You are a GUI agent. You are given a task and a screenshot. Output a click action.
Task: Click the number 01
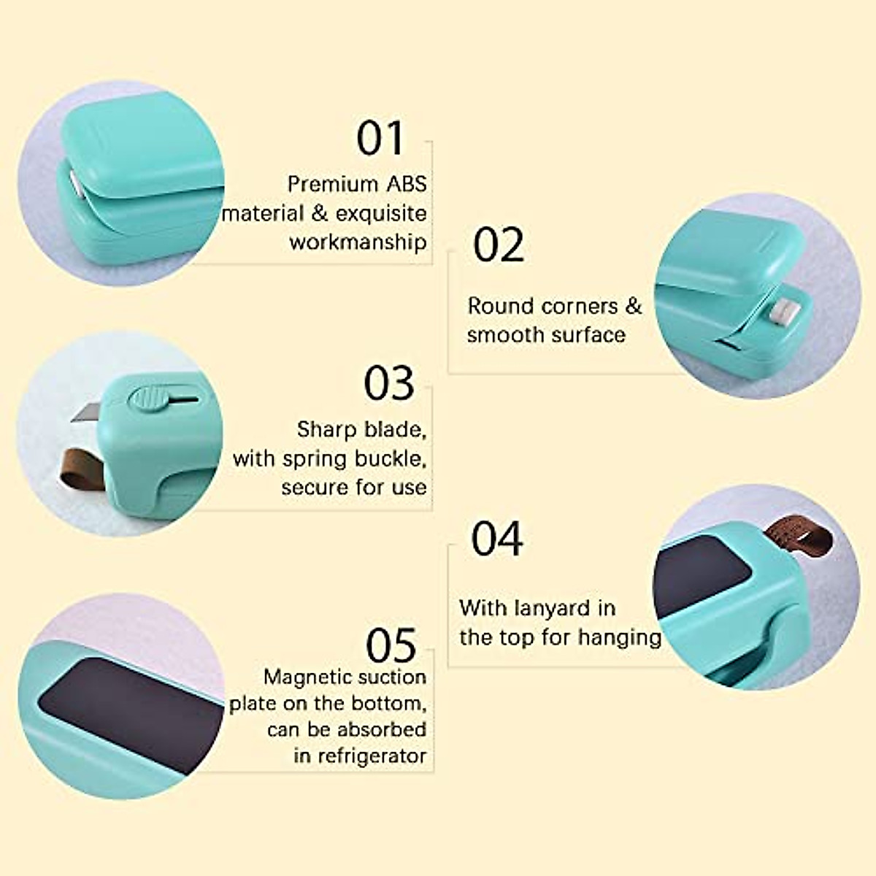(x=380, y=139)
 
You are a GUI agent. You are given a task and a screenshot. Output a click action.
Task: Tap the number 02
(x=499, y=245)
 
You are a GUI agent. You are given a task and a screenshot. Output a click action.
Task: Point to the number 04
(x=497, y=539)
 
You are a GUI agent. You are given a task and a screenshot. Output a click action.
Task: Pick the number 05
(x=391, y=645)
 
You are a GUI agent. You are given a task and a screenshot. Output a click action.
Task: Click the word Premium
(x=324, y=184)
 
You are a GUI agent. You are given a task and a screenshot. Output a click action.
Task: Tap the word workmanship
(x=358, y=242)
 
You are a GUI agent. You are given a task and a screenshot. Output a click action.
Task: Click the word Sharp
(x=327, y=429)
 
